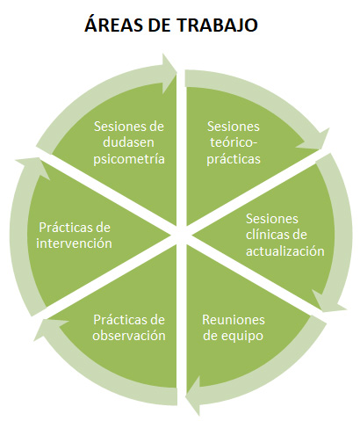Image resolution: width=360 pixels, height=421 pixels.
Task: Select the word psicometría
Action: (129, 160)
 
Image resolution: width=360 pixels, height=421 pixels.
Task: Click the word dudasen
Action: (128, 142)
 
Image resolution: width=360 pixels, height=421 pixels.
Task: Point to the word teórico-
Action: (234, 142)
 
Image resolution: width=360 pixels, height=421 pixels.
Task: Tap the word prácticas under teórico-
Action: (234, 160)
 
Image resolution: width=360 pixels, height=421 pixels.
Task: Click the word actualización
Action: (285, 251)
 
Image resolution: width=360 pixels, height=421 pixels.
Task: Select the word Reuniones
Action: (234, 320)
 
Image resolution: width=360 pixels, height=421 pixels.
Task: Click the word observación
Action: (129, 336)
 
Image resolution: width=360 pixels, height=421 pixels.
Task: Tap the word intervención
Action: (74, 243)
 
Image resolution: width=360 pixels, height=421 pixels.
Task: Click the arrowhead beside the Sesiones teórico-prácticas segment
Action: (315, 140)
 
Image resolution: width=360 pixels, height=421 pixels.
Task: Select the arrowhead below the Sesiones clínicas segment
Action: (328, 301)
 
